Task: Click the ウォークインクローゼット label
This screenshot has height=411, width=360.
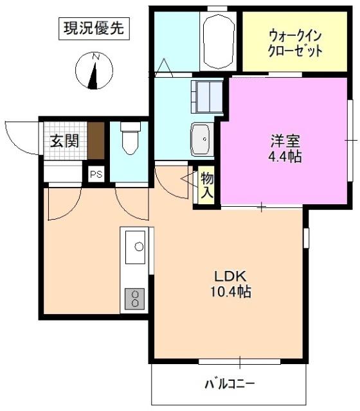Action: (295, 42)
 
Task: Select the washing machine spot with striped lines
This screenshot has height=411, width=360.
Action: (207, 97)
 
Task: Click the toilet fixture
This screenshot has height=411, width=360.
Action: (130, 139)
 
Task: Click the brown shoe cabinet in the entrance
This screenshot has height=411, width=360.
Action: (96, 139)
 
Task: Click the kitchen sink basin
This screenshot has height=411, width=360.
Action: (137, 245)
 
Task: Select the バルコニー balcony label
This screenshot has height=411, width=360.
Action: (230, 385)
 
